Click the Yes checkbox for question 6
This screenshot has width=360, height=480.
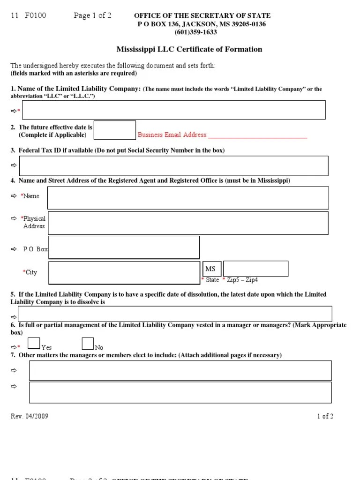pyautogui.click(x=34, y=344)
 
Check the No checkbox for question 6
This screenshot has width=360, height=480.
pyautogui.click(x=88, y=344)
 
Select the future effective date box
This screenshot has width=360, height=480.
pyautogui.click(x=115, y=130)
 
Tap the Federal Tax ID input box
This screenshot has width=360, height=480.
pyautogui.click(x=173, y=165)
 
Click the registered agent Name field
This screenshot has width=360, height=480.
pyautogui.click(x=188, y=197)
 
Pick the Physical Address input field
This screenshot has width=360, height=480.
pyautogui.click(x=188, y=223)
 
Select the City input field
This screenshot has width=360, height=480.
pyautogui.click(x=124, y=273)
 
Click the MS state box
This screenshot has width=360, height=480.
pyautogui.click(x=211, y=269)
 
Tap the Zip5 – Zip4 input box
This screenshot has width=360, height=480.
pyautogui.click(x=256, y=269)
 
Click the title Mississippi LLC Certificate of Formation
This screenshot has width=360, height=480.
pyautogui.click(x=189, y=49)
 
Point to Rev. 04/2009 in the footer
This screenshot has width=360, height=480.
pyautogui.click(x=30, y=416)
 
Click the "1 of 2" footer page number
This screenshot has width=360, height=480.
pyautogui.click(x=325, y=416)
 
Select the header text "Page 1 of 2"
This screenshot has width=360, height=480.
pyautogui.click(x=92, y=15)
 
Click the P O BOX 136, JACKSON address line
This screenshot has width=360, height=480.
pyautogui.click(x=202, y=24)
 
